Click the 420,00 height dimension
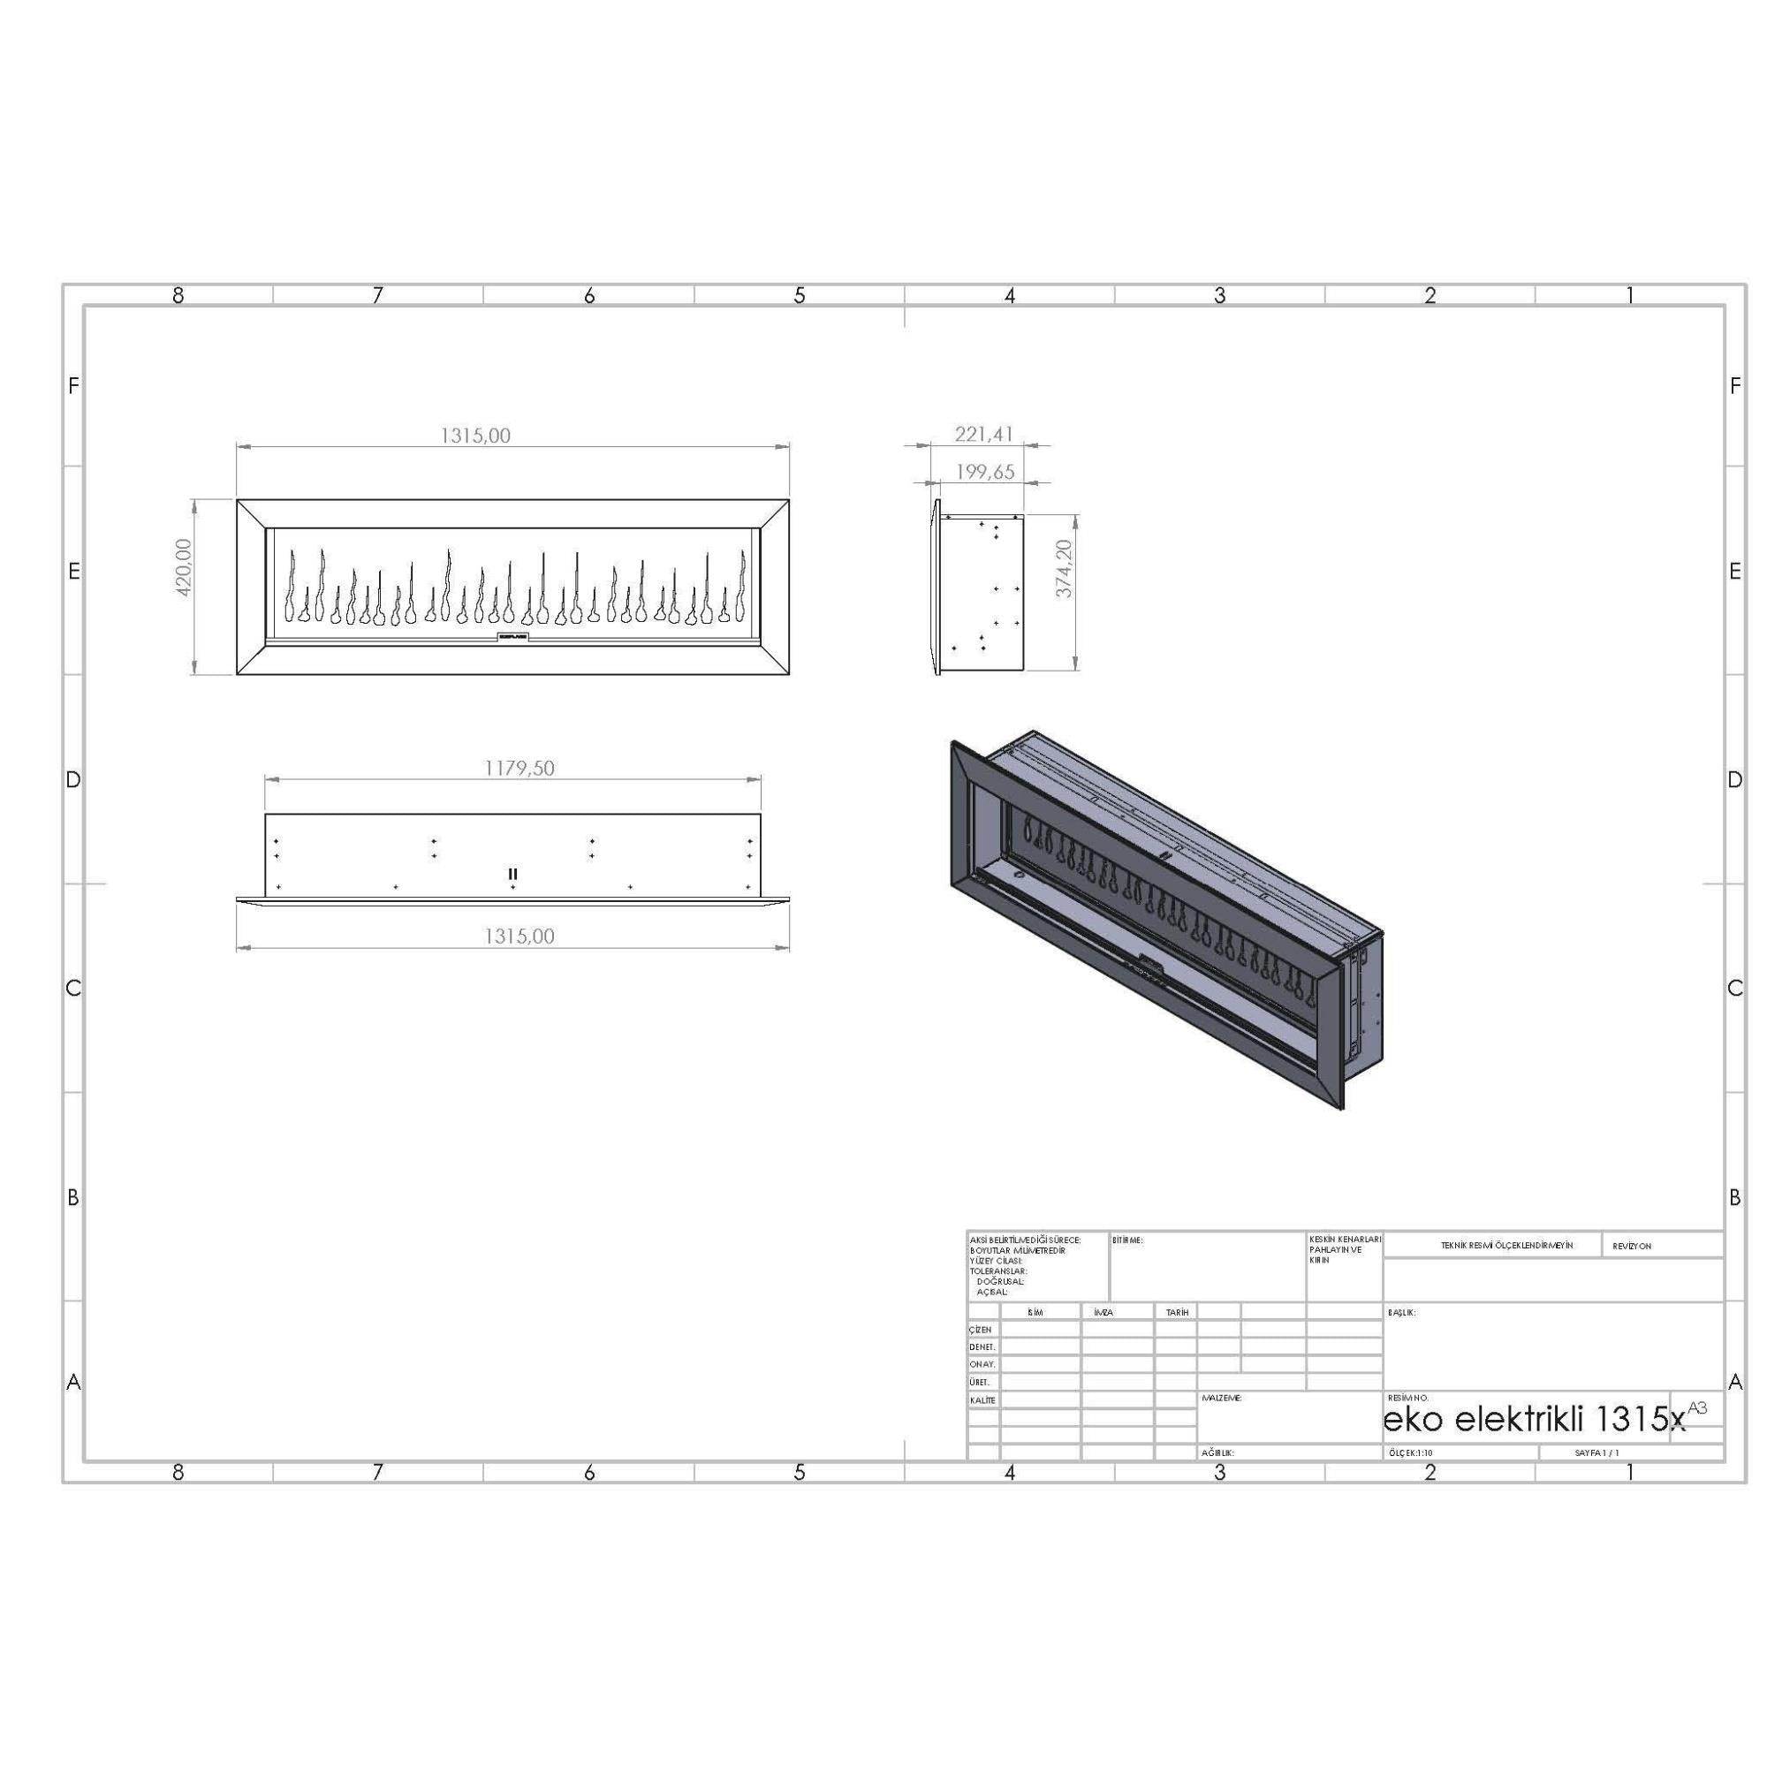(x=183, y=568)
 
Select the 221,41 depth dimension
(x=984, y=434)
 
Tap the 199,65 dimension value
(x=984, y=472)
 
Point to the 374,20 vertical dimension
(x=1063, y=569)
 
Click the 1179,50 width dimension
(x=519, y=768)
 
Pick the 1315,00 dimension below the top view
(x=519, y=936)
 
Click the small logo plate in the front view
(x=512, y=634)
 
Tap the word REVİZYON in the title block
(x=1632, y=1246)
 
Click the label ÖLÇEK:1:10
(x=1410, y=1452)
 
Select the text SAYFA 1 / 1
(x=1596, y=1452)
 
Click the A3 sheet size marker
(x=1696, y=1407)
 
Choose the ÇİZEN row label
(x=981, y=1330)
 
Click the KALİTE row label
(x=982, y=1400)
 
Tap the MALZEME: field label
(x=1221, y=1399)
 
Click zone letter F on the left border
(x=73, y=386)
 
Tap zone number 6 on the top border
(x=589, y=295)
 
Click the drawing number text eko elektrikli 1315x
(x=1534, y=1420)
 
